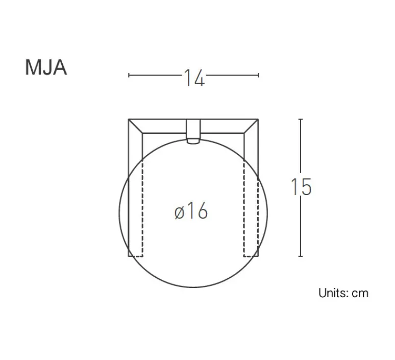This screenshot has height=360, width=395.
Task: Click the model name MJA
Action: pyautogui.click(x=46, y=68)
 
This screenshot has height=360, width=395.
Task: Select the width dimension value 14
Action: pyautogui.click(x=194, y=78)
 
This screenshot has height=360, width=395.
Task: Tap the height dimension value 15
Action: pyautogui.click(x=301, y=187)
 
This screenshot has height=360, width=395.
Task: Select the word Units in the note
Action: pyautogui.click(x=332, y=293)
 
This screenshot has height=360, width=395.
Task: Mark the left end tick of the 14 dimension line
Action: pyautogui.click(x=129, y=75)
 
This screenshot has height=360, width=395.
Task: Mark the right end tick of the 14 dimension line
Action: pyautogui.click(x=259, y=75)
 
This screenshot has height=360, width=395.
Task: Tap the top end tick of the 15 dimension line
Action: pyautogui.click(x=301, y=119)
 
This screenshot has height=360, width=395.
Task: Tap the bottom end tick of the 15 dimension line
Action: pyautogui.click(x=301, y=256)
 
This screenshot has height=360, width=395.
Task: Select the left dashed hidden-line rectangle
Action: pyautogui.click(x=136, y=209)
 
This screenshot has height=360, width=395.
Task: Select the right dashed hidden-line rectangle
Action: pyautogui.click(x=251, y=209)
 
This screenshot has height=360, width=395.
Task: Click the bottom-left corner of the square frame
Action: pyautogui.click(x=129, y=256)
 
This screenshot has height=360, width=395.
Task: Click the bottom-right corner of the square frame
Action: pyautogui.click(x=258, y=256)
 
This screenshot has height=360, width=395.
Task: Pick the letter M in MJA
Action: pyautogui.click(x=32, y=68)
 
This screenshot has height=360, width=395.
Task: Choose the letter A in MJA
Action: pyautogui.click(x=60, y=68)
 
